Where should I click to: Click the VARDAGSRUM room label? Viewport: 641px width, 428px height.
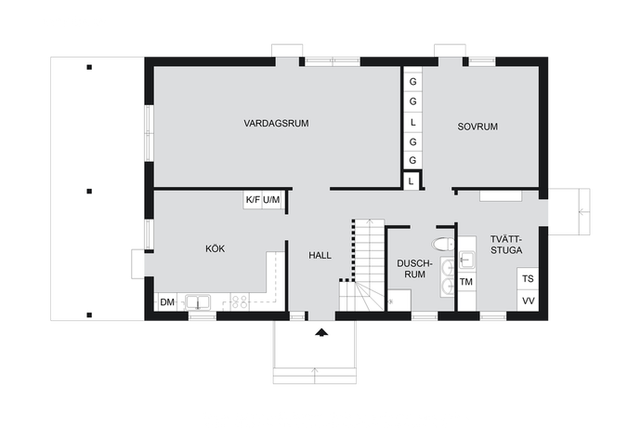(x=276, y=123)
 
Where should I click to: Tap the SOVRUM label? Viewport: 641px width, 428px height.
(x=477, y=127)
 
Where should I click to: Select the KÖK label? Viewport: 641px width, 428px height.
(x=215, y=248)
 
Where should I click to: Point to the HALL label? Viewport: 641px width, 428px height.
(x=320, y=256)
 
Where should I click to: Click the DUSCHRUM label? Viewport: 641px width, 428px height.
(x=414, y=269)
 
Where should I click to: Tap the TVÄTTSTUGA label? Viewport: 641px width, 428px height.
(x=506, y=245)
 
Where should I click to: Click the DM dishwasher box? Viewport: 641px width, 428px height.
(x=167, y=302)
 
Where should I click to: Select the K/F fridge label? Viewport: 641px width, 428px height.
(x=253, y=200)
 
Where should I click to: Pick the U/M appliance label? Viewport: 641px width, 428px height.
(x=271, y=200)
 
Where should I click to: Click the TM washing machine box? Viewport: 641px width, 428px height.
(x=466, y=282)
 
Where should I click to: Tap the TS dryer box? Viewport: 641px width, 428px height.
(x=528, y=279)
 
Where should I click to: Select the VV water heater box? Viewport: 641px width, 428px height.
(x=528, y=301)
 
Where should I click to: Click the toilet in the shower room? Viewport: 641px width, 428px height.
(x=443, y=244)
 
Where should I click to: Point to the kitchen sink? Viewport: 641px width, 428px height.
(x=198, y=302)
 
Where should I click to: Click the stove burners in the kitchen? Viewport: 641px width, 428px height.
(x=239, y=301)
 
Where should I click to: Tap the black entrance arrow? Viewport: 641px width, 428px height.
(x=321, y=332)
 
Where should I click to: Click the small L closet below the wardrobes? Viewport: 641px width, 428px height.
(x=411, y=181)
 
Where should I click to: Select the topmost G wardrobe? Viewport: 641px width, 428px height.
(x=412, y=82)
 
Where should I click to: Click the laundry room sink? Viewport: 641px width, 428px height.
(x=466, y=260)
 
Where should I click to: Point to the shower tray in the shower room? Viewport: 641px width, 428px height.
(x=399, y=301)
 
